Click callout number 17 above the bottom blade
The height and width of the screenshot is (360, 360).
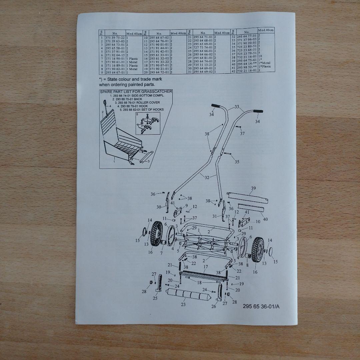click(206, 267)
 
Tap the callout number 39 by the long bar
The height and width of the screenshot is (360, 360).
click(253, 188)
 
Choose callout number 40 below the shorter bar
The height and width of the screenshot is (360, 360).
click(265, 219)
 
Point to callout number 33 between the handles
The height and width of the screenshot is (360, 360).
click(237, 107)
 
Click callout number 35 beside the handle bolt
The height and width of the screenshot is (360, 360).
click(237, 162)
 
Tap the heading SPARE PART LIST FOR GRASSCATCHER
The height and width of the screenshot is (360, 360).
click(136, 91)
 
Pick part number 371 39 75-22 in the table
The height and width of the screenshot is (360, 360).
click(115, 38)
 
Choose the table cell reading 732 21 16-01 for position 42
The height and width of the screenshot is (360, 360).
click(247, 70)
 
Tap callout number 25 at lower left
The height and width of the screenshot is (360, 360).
click(155, 298)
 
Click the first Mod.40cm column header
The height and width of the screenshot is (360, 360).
click(134, 33)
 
